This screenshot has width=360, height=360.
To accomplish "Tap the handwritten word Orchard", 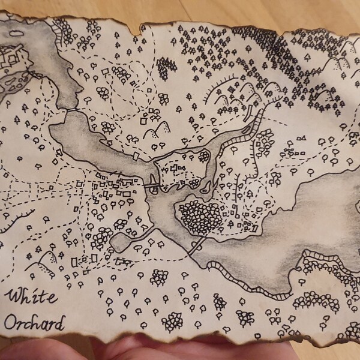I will pos(34,324).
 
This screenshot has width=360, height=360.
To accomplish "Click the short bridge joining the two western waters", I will pos(71,110).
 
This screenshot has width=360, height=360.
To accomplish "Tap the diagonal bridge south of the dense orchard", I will pos(199,244).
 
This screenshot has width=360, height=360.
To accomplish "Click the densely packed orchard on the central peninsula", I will pos(199,216).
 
